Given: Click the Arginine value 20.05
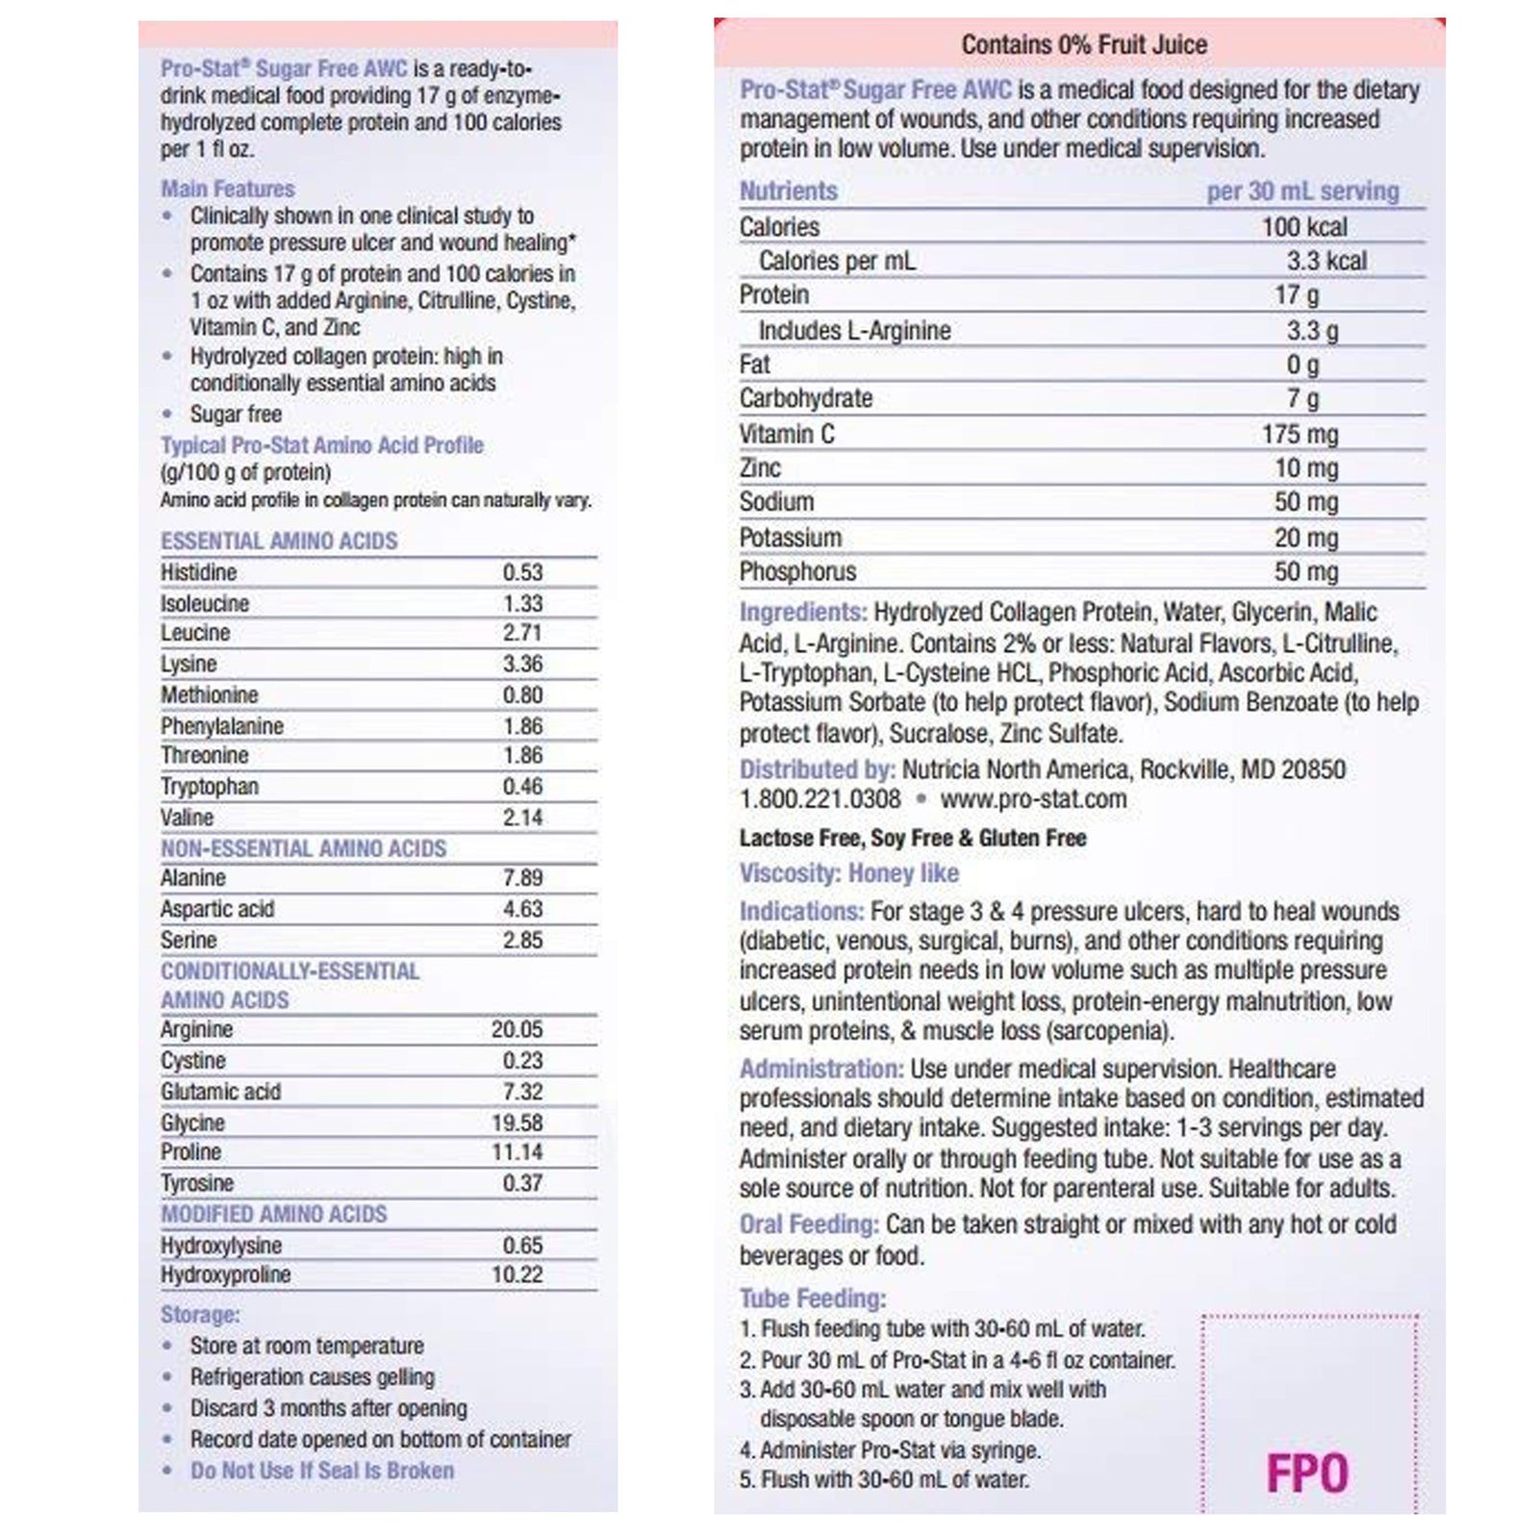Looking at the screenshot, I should point(517,1029).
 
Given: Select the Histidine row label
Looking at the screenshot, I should point(198,572).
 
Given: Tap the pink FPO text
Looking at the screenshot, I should point(1306,1474).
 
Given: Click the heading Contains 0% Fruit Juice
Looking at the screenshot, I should point(1083,44).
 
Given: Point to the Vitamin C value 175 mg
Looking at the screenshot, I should point(1299,434).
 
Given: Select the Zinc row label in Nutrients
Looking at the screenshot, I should point(760,468).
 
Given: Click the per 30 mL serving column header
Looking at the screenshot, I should point(1302,190).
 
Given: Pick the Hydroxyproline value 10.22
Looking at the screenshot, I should point(517,1274).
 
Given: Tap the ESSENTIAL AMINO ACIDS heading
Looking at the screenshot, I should point(279,541).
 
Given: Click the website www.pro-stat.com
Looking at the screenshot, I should point(1033,799).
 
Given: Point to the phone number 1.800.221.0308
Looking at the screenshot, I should point(820,799).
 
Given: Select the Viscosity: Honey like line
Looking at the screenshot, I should point(848,873).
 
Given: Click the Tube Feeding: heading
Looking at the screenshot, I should point(812,1299).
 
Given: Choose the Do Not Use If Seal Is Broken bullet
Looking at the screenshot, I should point(321,1471).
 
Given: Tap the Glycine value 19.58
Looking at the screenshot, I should point(517,1123).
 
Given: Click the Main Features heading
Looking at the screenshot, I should point(227,189).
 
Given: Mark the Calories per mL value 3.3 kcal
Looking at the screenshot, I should point(1326,261).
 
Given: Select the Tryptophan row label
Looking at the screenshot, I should point(209,787).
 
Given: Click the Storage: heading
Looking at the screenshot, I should point(200,1315).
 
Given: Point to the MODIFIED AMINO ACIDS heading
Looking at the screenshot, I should point(273,1214).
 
